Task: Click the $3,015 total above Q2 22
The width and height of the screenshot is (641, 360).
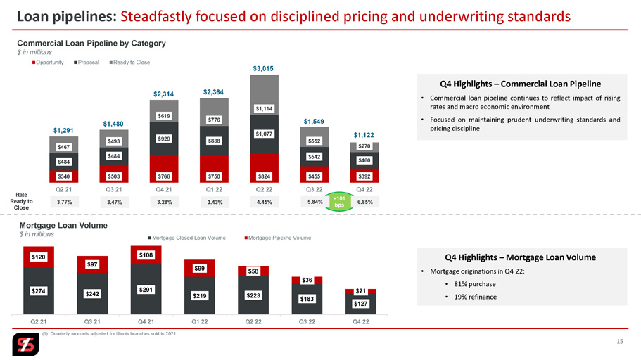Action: [x=263, y=68]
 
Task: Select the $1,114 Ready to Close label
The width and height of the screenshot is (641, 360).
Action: [x=264, y=109]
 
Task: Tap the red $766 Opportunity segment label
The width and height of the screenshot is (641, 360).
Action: [x=164, y=176]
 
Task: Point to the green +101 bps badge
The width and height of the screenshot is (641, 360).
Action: [x=339, y=202]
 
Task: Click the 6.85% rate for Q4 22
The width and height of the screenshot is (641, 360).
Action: [x=365, y=202]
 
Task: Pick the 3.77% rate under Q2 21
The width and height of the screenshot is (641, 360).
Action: [x=64, y=202]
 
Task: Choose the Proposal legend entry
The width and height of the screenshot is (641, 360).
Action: [x=87, y=63]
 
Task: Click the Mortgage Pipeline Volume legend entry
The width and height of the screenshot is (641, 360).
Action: [x=277, y=238]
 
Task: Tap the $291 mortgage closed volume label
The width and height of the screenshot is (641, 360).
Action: [x=146, y=290]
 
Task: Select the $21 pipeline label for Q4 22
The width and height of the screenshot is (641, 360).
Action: [x=360, y=291]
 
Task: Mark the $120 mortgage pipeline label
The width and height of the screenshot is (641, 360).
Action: [x=39, y=257]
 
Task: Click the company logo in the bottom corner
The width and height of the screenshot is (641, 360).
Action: [x=25, y=345]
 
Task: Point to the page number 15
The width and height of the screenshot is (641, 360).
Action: [x=620, y=341]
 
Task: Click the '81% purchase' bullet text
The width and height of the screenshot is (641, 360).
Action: [x=475, y=284]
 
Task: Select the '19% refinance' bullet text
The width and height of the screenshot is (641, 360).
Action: [x=476, y=297]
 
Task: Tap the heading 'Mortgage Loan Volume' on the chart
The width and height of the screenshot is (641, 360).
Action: [x=63, y=226]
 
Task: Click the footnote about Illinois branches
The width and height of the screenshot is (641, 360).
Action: [x=109, y=334]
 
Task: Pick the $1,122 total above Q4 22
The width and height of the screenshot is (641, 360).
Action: [x=364, y=135]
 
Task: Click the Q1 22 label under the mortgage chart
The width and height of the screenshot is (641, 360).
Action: [x=200, y=321]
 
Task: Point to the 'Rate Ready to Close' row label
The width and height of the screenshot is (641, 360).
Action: [x=21, y=201]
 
